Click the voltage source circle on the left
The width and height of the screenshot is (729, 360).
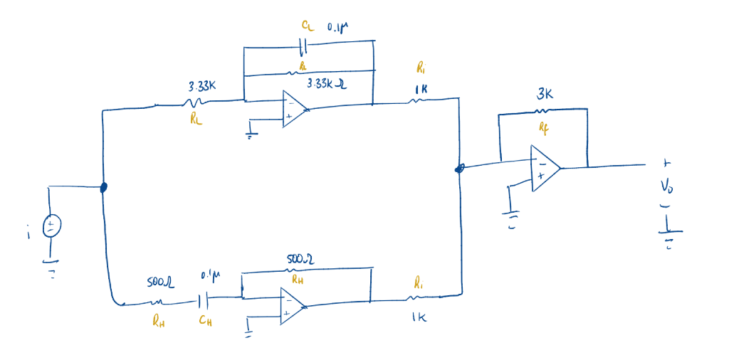tap(51, 227)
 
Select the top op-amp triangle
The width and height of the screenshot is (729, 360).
tap(293, 109)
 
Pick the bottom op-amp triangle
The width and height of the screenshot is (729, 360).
tap(291, 307)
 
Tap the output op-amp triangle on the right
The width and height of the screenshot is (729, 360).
tap(544, 169)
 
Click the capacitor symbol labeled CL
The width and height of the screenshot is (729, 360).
tap(305, 47)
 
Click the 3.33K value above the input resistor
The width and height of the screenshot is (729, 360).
tap(202, 86)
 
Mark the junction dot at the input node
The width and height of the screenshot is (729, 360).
tap(103, 188)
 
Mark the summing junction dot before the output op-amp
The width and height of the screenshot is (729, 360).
tap(460, 169)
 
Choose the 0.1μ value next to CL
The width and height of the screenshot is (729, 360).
tap(338, 28)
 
